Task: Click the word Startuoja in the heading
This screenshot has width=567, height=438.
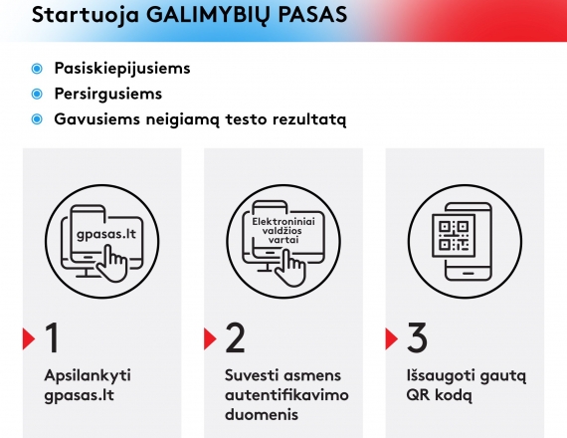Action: coord(86,16)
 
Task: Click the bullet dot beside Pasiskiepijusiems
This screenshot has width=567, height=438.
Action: coord(37,69)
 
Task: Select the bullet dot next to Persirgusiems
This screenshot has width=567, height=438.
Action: coord(37,94)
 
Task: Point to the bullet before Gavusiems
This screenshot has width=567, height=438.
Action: coord(37,119)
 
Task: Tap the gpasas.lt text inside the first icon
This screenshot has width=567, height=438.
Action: coord(106,234)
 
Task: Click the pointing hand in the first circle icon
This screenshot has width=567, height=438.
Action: coord(112,263)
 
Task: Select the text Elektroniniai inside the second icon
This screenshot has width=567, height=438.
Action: coord(283,221)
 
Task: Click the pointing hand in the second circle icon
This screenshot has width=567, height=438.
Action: coord(290,268)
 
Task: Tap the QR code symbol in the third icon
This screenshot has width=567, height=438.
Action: coord(454,235)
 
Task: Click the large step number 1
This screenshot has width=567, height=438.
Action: coord(53,338)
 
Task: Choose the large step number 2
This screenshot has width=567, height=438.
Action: coord(235,338)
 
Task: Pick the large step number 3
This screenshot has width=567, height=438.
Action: coord(418,337)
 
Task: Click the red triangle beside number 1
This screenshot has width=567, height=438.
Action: coord(29,338)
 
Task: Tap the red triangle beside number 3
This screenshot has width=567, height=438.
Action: coord(392,338)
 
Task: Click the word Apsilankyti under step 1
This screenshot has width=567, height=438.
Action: coord(88,376)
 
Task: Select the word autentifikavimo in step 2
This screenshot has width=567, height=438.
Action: coord(286,394)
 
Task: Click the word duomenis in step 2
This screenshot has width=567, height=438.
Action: coord(262,414)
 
